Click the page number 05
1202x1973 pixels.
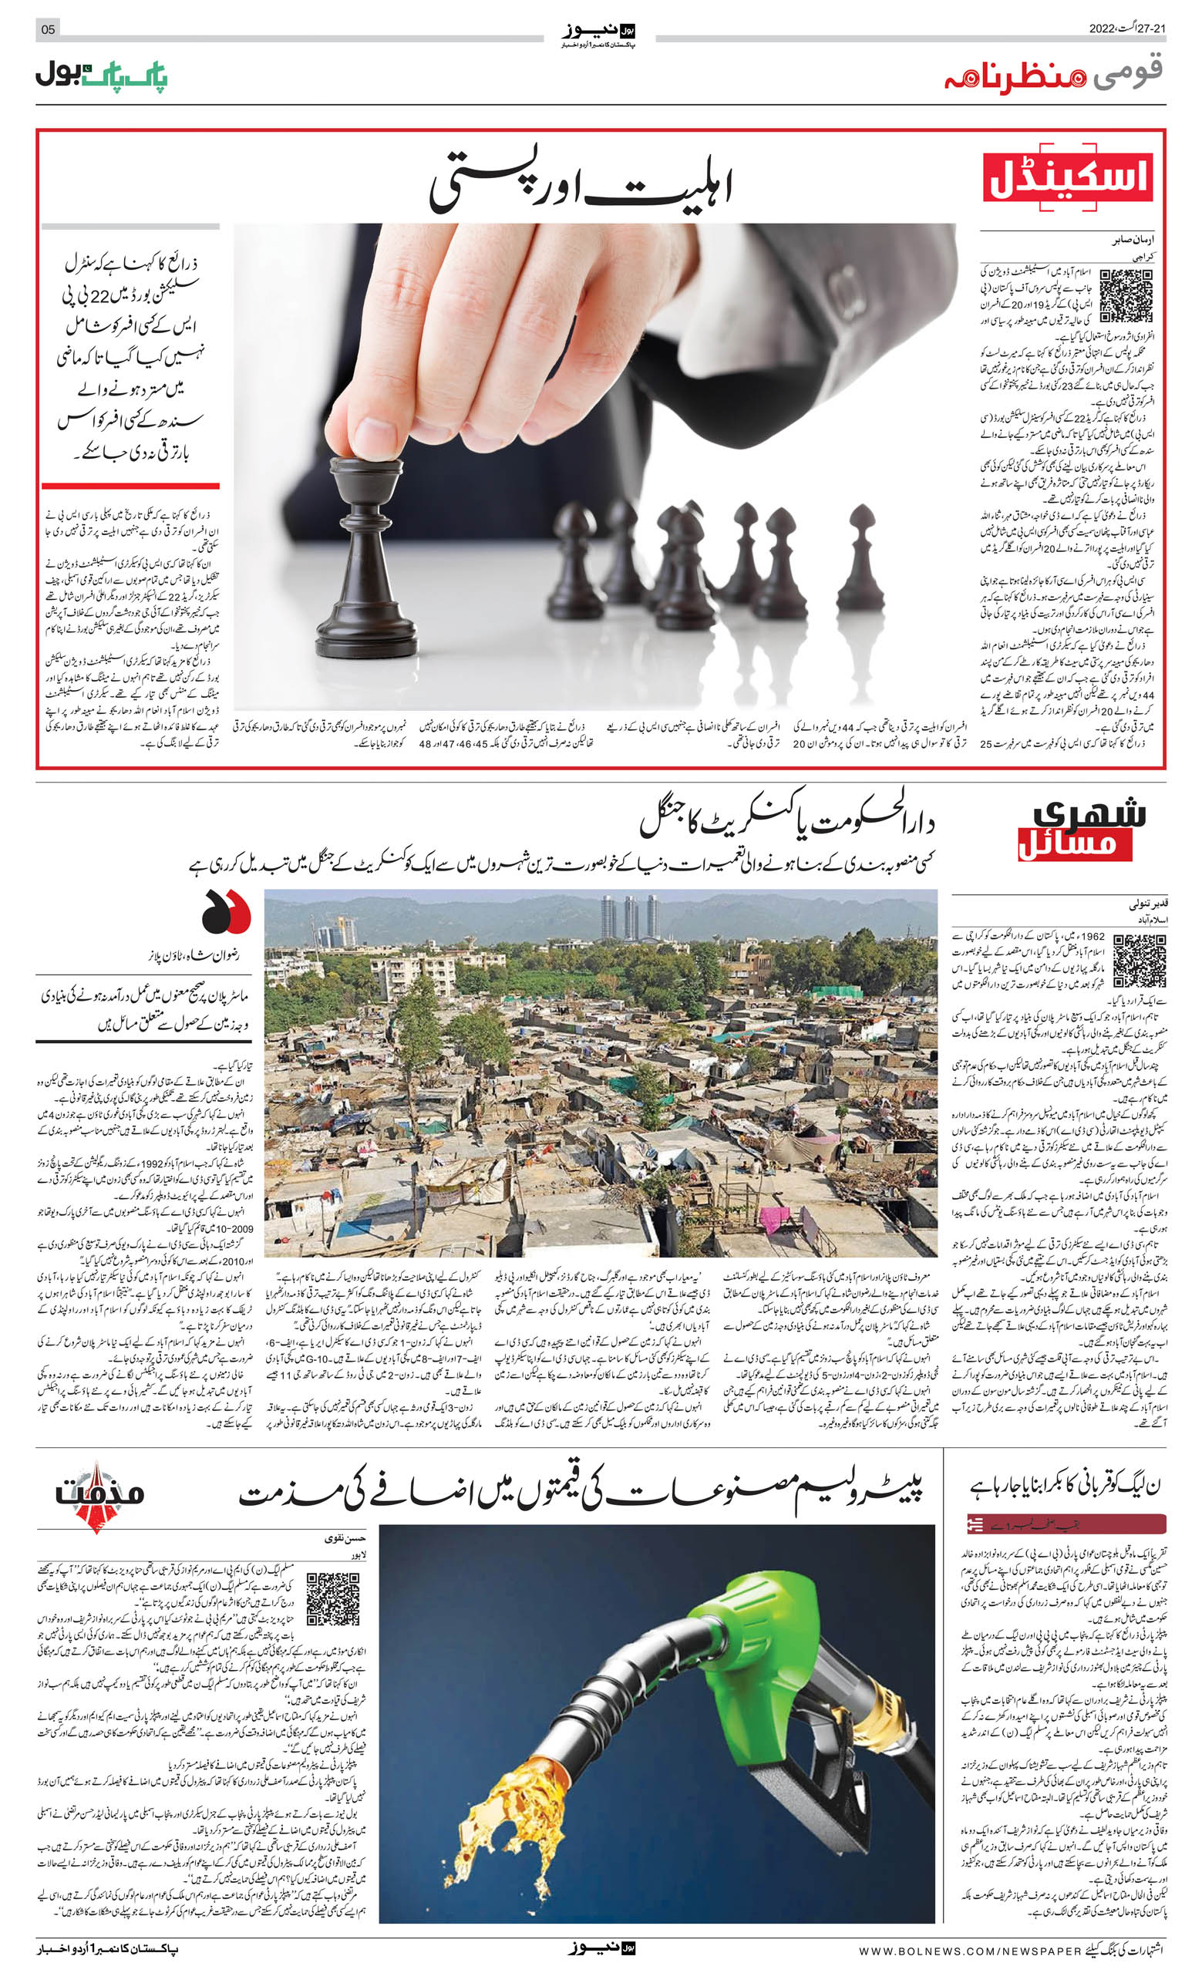48,29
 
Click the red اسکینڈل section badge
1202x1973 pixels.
1068,178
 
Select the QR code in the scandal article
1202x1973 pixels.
1126,295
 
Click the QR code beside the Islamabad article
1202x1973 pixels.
1139,959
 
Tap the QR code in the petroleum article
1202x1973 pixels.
332,1598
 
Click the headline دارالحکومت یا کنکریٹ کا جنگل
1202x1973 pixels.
786,822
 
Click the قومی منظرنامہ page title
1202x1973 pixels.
1053,76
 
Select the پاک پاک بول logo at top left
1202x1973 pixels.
101,76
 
